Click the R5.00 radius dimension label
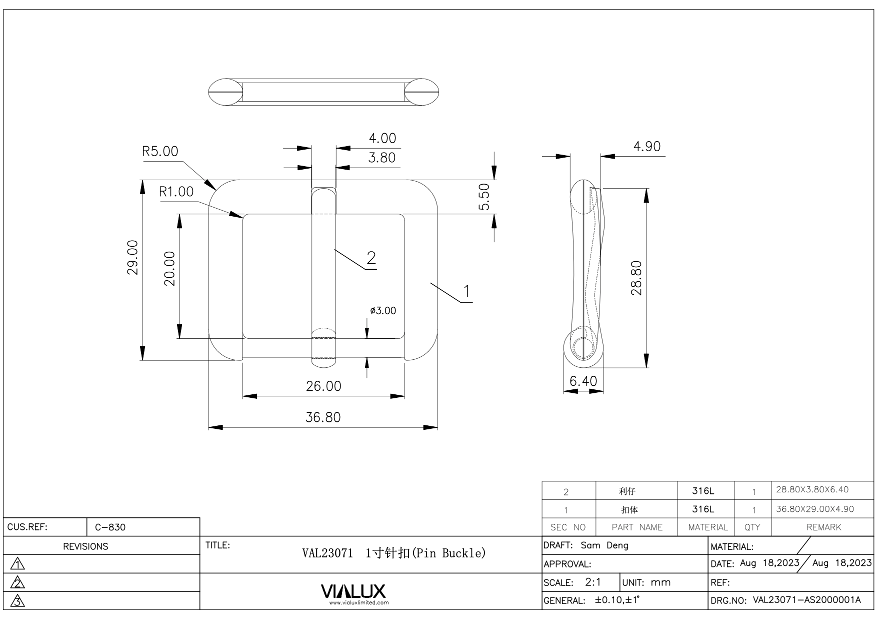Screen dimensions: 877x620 160,151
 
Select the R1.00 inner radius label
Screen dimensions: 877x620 176,192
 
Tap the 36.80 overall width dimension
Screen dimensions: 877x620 323,417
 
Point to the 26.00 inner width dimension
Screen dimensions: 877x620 323,386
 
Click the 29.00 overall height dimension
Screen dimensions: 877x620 132,257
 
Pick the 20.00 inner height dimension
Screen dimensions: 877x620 170,269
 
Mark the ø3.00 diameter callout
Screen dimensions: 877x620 383,311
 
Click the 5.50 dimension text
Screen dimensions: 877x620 484,197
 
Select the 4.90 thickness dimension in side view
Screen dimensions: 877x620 647,147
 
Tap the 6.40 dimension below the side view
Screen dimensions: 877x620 583,381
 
